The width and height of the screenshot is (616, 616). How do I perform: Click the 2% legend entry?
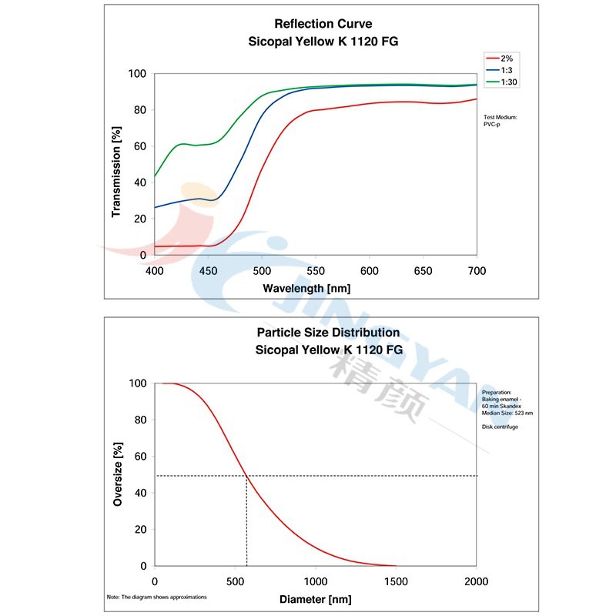pyautogui.click(x=506, y=58)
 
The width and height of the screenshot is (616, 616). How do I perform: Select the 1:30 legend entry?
pyautogui.click(x=508, y=81)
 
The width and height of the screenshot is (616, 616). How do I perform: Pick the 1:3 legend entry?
pyautogui.click(x=507, y=69)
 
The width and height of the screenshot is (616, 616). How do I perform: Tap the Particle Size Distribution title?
pyautogui.click(x=329, y=333)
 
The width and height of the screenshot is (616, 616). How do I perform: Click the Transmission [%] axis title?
pyautogui.click(x=116, y=171)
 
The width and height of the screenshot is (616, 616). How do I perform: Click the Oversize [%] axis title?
pyautogui.click(x=118, y=474)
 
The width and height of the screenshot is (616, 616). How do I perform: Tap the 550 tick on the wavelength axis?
pyautogui.click(x=316, y=270)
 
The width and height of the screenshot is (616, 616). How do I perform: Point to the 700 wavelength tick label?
pyautogui.click(x=477, y=270)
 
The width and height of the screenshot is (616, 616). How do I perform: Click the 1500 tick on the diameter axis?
pyautogui.click(x=397, y=581)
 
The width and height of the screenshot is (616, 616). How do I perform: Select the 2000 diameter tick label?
pyautogui.click(x=477, y=581)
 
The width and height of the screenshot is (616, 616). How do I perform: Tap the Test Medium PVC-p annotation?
pyautogui.click(x=500, y=120)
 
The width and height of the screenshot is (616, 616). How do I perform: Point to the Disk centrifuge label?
pyautogui.click(x=500, y=427)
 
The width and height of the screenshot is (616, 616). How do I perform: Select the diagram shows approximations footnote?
pyautogui.click(x=156, y=597)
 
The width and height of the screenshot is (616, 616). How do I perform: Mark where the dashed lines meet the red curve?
pyautogui.click(x=246, y=476)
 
